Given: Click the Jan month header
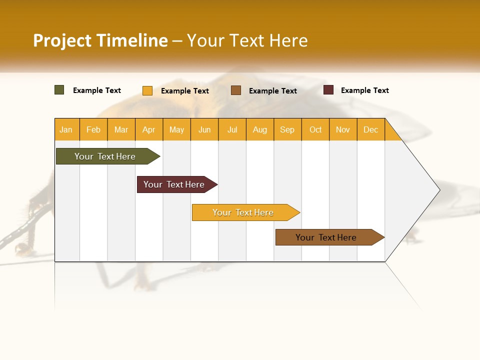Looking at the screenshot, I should (66, 129).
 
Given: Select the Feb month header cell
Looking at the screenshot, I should (93, 129).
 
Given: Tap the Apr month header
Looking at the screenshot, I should (149, 129).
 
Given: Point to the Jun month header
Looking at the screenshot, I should (204, 129).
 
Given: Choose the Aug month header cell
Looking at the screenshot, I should (260, 129).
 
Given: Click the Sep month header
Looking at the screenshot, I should (287, 129).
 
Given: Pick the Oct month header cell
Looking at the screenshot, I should (315, 129).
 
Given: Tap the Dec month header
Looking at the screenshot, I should (371, 129).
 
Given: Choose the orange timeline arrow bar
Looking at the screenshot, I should (244, 212).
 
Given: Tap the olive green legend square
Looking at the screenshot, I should (59, 90).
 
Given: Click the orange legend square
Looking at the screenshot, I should (147, 90).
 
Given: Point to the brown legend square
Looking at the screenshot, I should (236, 90).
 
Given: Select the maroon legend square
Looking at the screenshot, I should (328, 90).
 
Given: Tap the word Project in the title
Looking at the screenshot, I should (62, 40).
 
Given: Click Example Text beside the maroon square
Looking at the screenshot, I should (364, 90).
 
